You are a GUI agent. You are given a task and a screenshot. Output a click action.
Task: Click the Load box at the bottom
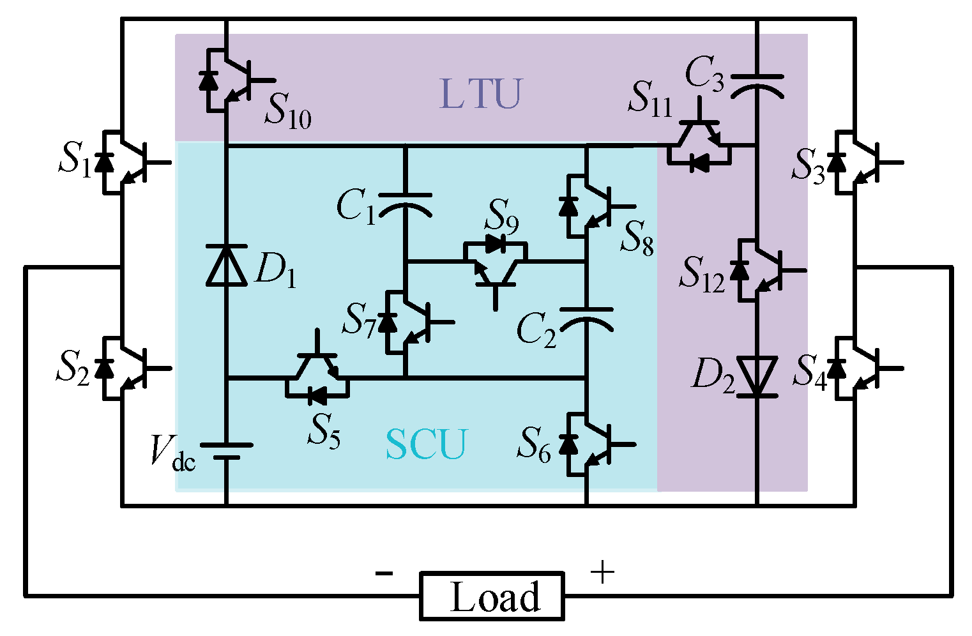pos(492,596)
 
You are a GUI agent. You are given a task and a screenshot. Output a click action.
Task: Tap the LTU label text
pos(481,94)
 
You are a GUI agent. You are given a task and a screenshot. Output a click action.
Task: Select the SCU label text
pos(426,444)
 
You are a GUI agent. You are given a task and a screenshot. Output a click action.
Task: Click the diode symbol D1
pos(226,265)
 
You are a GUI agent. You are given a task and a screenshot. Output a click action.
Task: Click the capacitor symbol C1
pos(405,204)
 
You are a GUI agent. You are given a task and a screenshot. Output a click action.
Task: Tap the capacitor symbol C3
pos(757,84)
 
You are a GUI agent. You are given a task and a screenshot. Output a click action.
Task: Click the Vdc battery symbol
pos(226,451)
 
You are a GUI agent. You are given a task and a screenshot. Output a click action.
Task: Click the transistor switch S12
pos(759,270)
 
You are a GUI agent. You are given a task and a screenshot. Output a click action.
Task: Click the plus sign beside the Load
pos(602,573)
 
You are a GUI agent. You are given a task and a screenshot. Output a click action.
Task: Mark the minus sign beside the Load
pos(384,573)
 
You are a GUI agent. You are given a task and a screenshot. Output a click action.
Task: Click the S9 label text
pos(502,216)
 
